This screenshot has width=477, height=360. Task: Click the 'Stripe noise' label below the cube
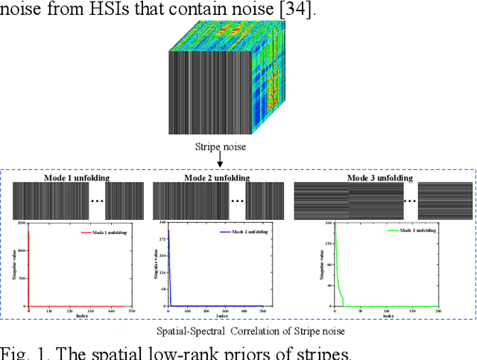pyautogui.click(x=219, y=147)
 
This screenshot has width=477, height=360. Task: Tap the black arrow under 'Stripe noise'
pyautogui.click(x=219, y=162)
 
